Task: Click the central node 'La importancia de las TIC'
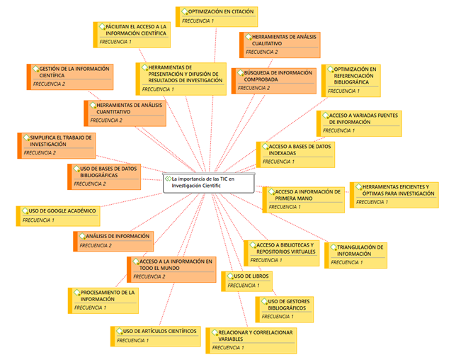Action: pos(209,183)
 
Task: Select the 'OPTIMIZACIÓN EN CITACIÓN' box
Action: pos(217,16)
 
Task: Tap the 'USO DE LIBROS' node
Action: pos(246,281)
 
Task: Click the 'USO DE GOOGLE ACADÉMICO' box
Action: pos(58,216)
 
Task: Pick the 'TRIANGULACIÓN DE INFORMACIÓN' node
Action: pos(355,255)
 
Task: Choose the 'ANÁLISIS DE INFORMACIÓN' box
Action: pos(113,241)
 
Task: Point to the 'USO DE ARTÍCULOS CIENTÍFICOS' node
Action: pos(156,336)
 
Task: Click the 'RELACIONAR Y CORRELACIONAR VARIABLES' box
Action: pos(251,340)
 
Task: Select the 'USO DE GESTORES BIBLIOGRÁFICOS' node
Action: pos(285,310)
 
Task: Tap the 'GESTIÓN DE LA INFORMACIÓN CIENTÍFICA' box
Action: pos(70,77)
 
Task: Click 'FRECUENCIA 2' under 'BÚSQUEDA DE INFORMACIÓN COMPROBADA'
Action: pos(253,88)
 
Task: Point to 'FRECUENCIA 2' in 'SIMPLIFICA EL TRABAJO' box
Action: pos(40,153)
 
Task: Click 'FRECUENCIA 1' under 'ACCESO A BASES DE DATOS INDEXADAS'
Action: pos(278,162)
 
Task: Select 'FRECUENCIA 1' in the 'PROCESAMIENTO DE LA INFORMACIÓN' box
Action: pos(90,308)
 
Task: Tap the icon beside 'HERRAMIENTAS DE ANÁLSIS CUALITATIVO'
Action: pos(249,37)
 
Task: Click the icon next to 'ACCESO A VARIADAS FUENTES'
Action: pos(326,116)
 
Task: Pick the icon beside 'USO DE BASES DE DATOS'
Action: pos(76,169)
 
